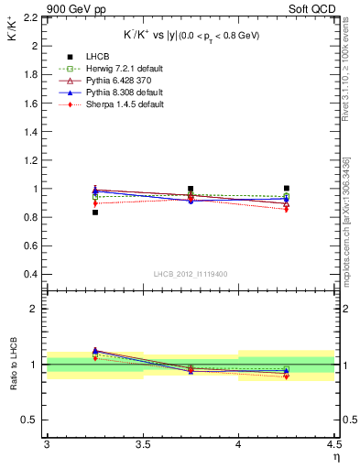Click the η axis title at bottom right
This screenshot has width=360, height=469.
click(x=335, y=456)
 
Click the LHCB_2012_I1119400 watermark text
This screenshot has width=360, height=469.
click(x=191, y=275)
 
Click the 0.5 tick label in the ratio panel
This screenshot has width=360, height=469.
click(x=31, y=420)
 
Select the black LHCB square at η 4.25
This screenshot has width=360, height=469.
click(x=287, y=189)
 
